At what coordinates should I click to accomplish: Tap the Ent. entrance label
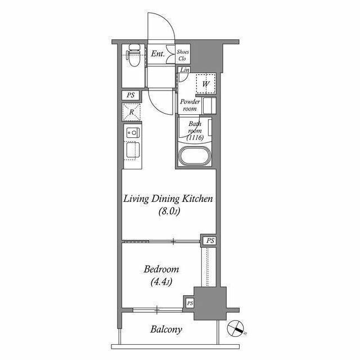click(x=157, y=54)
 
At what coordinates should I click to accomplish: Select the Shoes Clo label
click(x=183, y=55)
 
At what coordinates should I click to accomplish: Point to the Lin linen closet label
click(x=184, y=70)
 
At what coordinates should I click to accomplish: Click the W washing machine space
click(x=206, y=84)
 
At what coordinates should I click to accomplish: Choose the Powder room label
click(x=190, y=105)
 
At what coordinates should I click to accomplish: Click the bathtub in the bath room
click(x=195, y=155)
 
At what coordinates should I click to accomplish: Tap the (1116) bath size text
click(x=195, y=137)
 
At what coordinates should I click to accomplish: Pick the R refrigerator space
click(x=131, y=112)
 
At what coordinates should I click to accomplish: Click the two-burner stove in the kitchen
click(x=133, y=133)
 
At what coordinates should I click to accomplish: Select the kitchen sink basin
click(x=133, y=150)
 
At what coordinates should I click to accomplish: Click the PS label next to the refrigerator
click(x=130, y=95)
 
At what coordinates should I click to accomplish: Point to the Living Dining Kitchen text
click(x=168, y=199)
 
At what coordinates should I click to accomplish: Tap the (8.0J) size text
click(x=169, y=211)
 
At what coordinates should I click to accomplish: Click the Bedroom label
click(x=161, y=269)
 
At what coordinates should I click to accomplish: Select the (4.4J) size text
click(x=161, y=282)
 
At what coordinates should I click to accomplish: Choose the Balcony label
click(x=166, y=330)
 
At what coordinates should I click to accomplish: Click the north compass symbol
click(x=235, y=328)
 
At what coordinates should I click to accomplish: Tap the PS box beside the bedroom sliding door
click(x=210, y=241)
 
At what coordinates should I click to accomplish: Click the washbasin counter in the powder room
click(x=209, y=106)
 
